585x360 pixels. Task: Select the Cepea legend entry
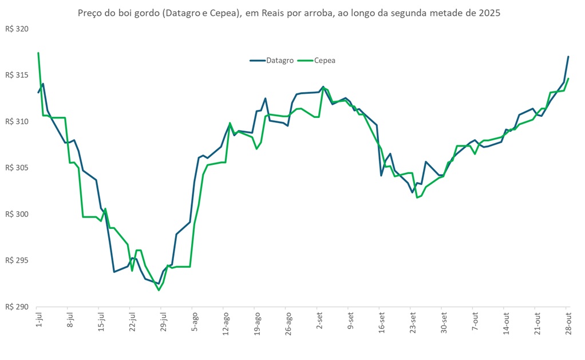click(x=324, y=60)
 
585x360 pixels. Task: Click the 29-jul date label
click(x=164, y=322)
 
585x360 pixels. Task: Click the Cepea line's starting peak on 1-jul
click(x=38, y=53)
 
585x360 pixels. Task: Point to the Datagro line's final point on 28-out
click(x=568, y=57)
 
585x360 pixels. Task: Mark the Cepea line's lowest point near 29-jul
click(x=159, y=290)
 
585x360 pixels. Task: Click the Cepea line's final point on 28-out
click(x=568, y=79)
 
